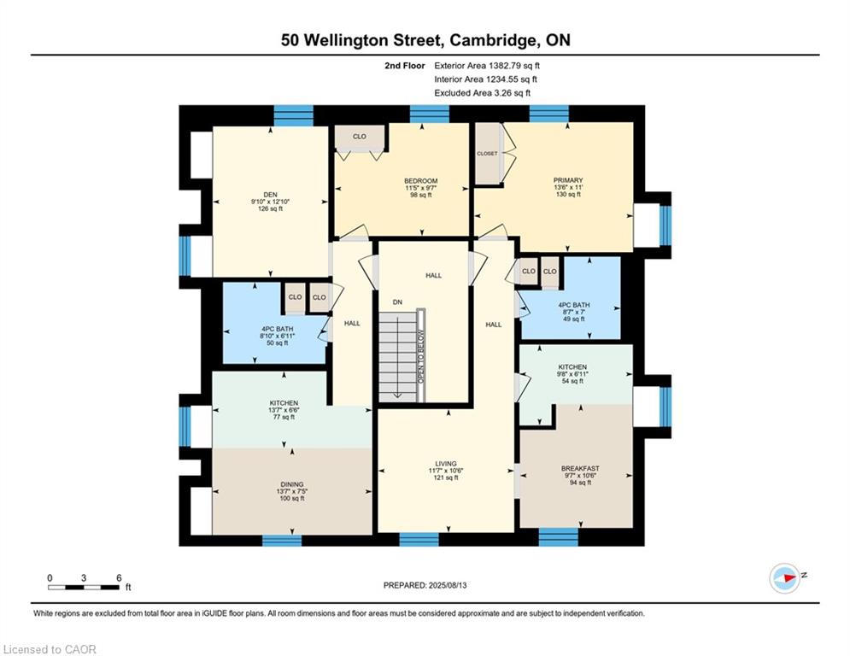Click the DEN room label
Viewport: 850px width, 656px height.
[x=270, y=195]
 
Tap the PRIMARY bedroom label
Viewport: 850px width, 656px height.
[x=567, y=180]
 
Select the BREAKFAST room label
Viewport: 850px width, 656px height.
[x=580, y=468]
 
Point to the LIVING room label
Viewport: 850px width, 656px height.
[x=446, y=464]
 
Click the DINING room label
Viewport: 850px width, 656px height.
[x=291, y=484]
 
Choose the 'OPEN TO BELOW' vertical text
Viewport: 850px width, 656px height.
[x=420, y=356]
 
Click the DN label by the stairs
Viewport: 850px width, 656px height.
[x=397, y=302]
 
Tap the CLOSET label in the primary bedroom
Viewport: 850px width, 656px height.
[x=487, y=154]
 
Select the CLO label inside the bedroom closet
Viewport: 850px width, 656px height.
[x=360, y=136]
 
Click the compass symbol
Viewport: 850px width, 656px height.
[x=784, y=578]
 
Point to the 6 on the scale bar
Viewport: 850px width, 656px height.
[x=119, y=578]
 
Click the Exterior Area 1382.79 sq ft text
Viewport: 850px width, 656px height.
[x=487, y=66]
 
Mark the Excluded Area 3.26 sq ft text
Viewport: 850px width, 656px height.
[x=483, y=93]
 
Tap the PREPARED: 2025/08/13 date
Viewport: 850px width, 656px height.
[x=425, y=585]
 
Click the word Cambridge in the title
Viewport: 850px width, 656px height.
[x=492, y=41]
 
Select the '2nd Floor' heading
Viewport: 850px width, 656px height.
[x=405, y=66]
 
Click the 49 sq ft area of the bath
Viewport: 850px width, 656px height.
[x=573, y=319]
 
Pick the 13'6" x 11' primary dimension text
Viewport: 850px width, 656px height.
[x=567, y=187]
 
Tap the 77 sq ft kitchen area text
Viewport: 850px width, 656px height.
[x=284, y=417]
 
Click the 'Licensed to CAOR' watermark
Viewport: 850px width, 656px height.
[x=50, y=649]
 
